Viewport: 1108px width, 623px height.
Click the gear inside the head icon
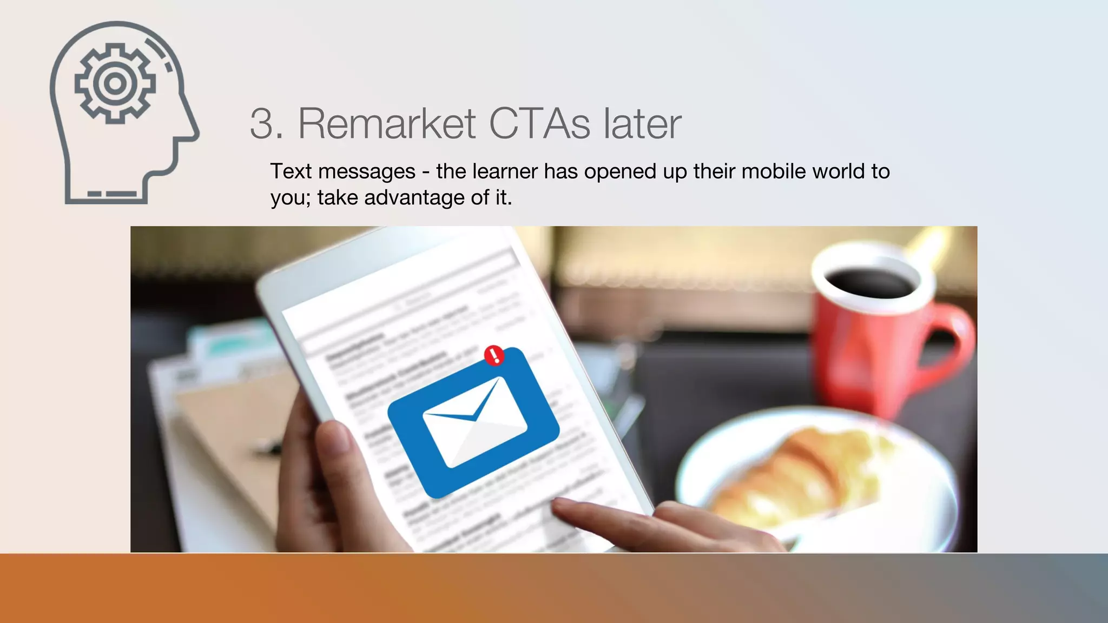point(115,84)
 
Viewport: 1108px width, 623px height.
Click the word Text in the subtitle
point(291,171)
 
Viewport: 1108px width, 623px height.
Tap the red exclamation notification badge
point(494,355)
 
